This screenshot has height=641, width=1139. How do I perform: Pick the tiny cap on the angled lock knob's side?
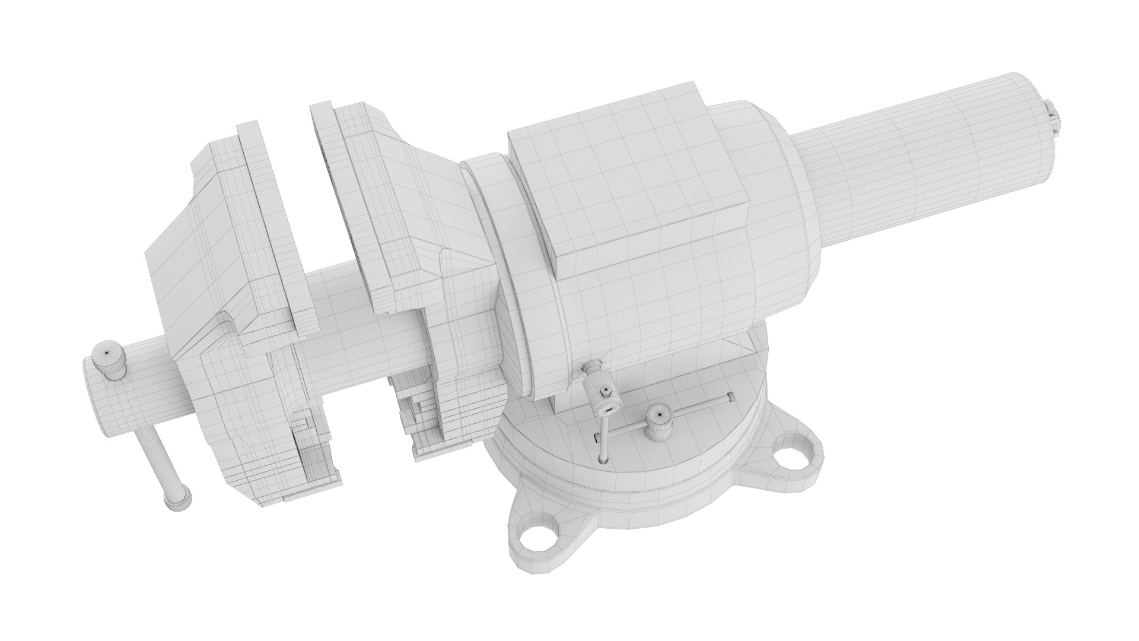605,392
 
